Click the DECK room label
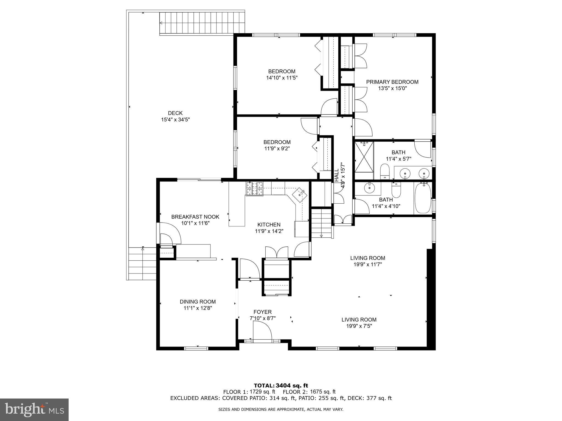[175, 113]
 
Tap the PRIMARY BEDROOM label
[392, 82]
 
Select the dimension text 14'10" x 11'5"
[282, 78]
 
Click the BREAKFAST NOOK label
[195, 217]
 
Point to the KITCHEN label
[269, 225]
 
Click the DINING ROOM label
[198, 301]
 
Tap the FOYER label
[262, 312]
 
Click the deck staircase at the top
[202, 23]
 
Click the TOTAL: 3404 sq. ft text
[281, 386]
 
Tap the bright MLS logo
[34, 409]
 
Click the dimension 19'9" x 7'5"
[359, 326]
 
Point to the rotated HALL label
[337, 174]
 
